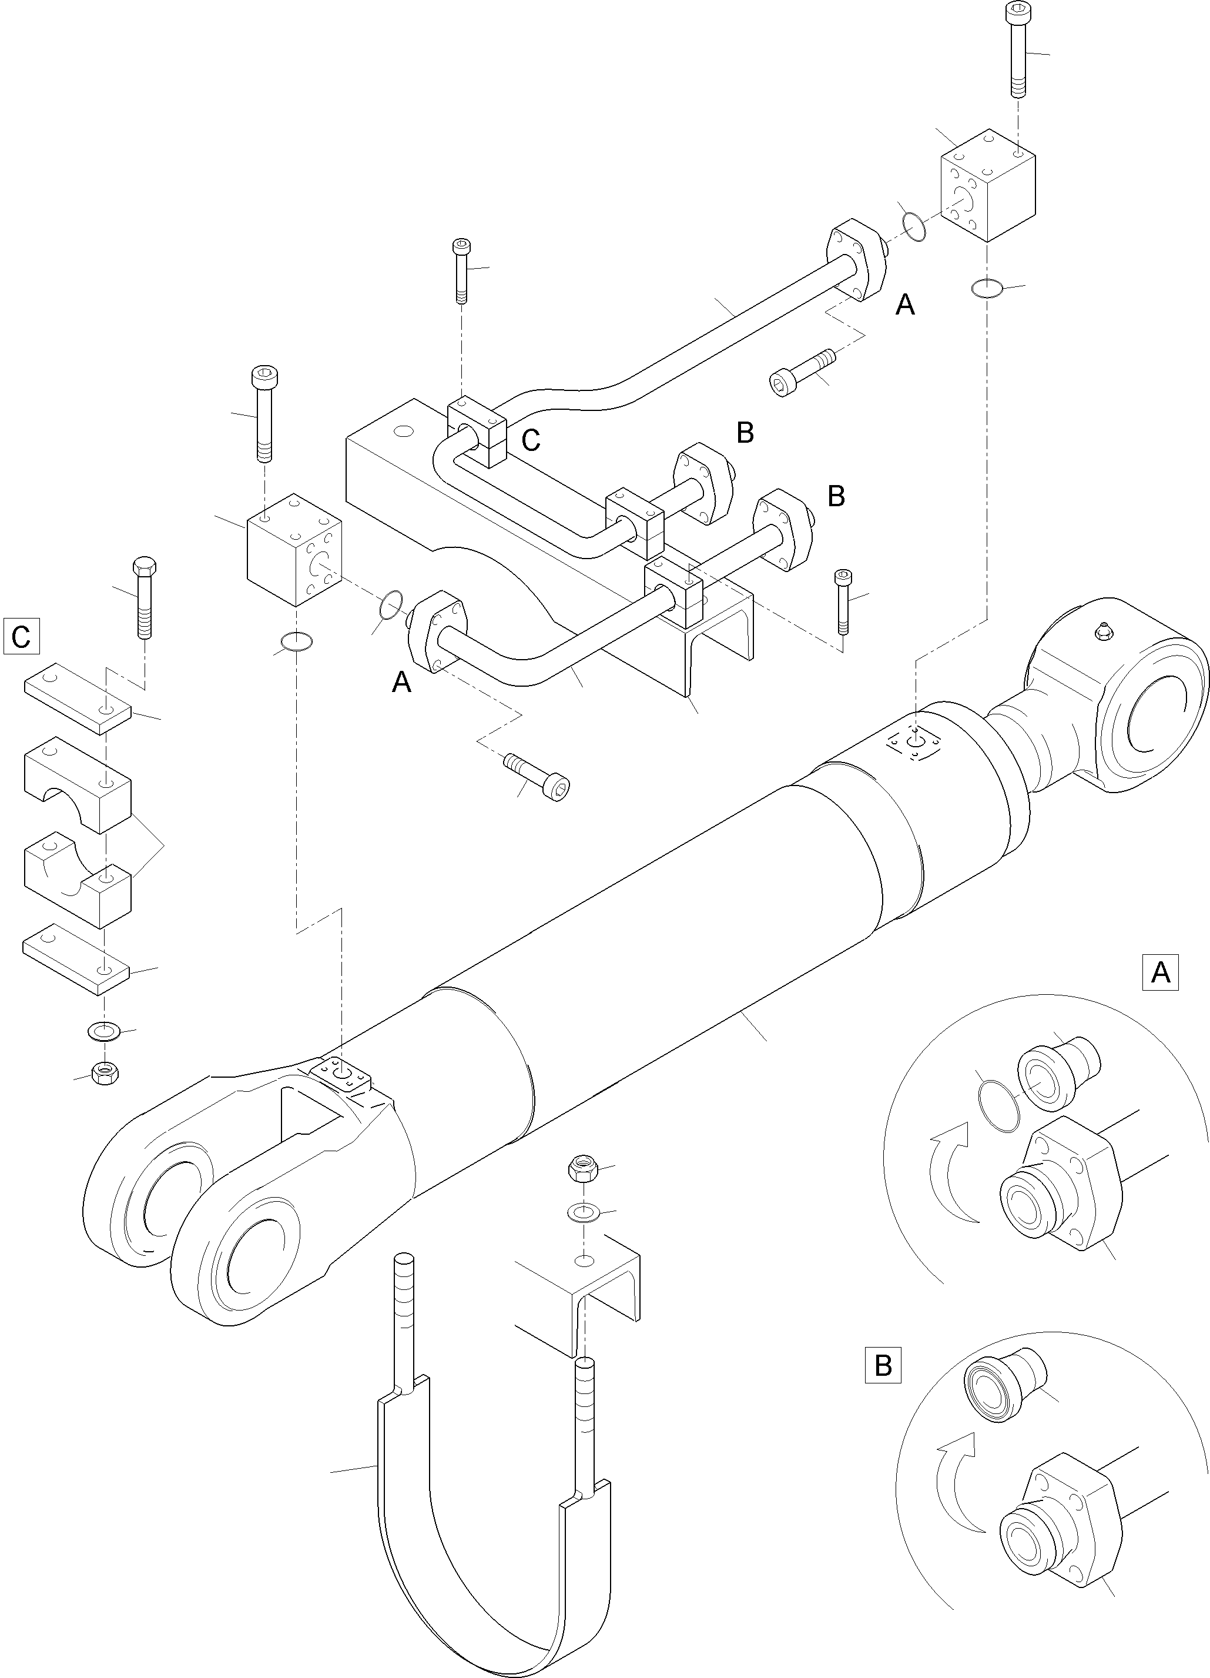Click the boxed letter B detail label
[883, 1365]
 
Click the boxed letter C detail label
[21, 636]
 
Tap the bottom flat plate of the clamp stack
[77, 960]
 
